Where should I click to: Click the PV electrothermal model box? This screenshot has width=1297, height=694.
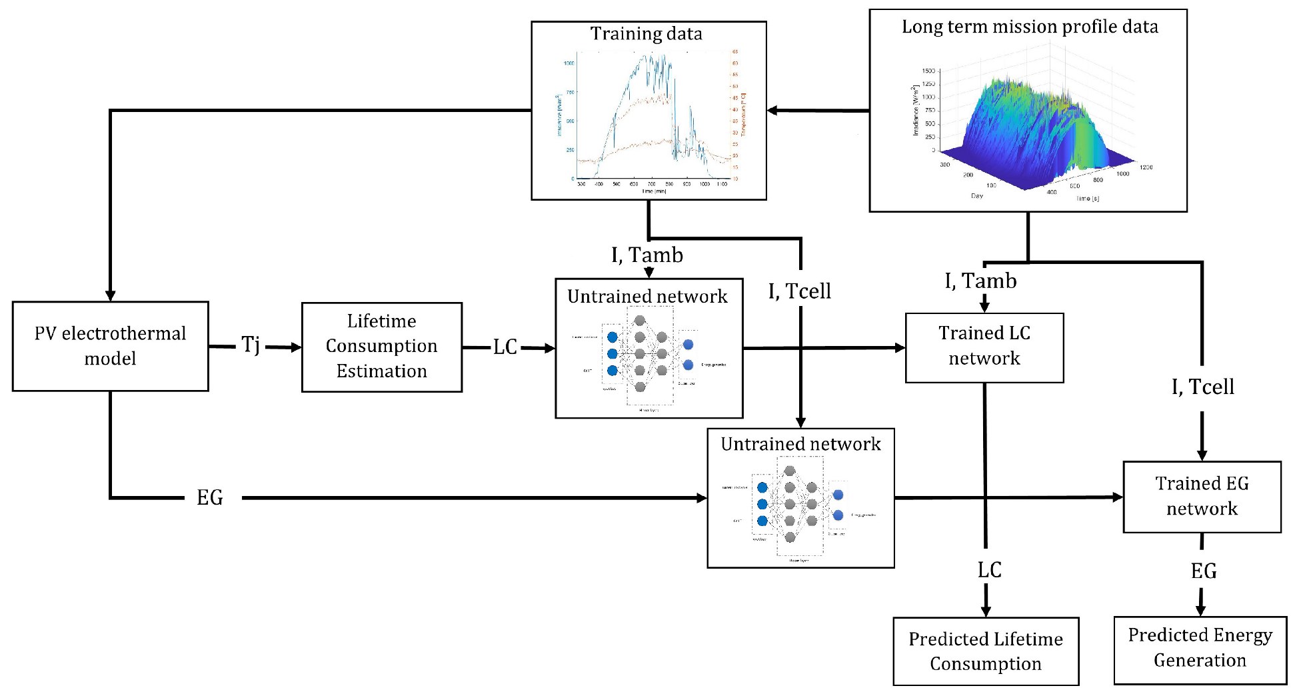[110, 346]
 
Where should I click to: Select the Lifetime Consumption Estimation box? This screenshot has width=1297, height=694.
[381, 347]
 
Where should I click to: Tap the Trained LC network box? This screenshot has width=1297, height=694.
[984, 347]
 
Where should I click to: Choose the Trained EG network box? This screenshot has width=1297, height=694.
[1201, 497]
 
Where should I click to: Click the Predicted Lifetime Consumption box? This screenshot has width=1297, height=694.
[985, 651]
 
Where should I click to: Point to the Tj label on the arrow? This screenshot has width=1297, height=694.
[251, 345]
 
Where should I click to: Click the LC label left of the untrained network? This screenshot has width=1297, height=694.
[505, 347]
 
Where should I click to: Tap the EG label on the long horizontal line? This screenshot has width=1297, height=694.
[210, 497]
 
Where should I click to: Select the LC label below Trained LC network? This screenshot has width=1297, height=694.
[989, 570]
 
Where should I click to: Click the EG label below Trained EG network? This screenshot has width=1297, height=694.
[1203, 571]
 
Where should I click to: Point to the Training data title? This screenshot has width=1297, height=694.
[646, 33]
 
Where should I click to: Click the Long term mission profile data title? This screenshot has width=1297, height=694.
[1029, 27]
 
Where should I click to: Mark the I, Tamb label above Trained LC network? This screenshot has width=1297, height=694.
[980, 281]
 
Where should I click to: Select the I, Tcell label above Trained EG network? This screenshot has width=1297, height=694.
[1202, 387]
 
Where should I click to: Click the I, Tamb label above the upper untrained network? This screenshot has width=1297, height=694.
[647, 255]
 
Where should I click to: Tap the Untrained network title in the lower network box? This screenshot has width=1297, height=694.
[800, 444]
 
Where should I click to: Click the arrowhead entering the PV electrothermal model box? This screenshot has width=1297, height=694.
[111, 296]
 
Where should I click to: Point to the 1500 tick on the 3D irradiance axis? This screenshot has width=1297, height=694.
[928, 71]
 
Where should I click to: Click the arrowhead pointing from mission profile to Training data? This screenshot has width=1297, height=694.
[772, 111]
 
